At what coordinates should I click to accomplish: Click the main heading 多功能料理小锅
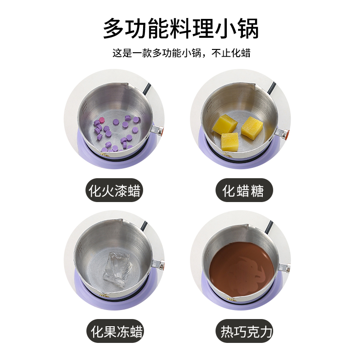[x=181, y=28]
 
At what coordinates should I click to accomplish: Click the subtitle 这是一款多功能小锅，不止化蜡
[x=181, y=53]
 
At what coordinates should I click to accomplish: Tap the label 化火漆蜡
[x=114, y=190]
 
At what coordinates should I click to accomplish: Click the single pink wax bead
[x=101, y=120]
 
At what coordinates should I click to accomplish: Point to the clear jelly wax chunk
[x=117, y=269]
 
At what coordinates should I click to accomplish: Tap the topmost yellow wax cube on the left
[x=225, y=124]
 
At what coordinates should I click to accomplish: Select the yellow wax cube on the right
[x=252, y=127]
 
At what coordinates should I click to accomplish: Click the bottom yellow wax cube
[x=230, y=142]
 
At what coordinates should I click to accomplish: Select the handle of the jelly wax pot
[x=158, y=264]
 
